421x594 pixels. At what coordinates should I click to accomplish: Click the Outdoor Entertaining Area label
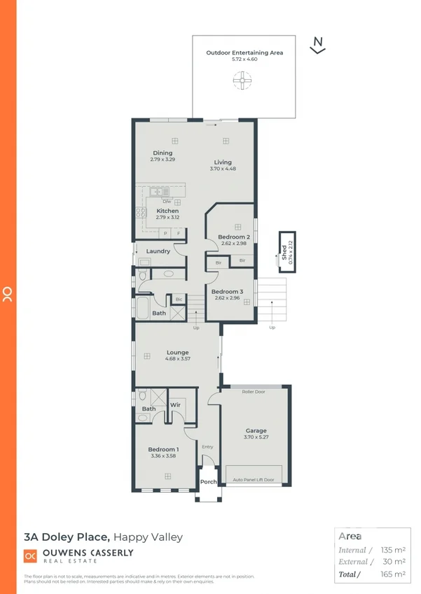(x=244, y=52)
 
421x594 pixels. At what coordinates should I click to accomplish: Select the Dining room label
(x=163, y=153)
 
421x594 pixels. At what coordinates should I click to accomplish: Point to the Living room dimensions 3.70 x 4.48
(x=223, y=169)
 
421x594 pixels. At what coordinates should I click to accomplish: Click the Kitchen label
(x=167, y=211)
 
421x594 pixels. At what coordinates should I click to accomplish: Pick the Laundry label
(x=158, y=251)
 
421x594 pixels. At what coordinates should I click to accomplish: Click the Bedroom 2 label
(x=234, y=237)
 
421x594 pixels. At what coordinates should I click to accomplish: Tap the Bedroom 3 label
(x=227, y=291)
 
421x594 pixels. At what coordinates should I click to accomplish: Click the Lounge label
(x=178, y=352)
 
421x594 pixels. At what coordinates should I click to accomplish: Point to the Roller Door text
(x=254, y=392)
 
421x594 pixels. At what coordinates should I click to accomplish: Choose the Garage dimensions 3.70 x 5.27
(x=256, y=437)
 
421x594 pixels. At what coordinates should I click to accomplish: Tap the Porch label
(x=209, y=482)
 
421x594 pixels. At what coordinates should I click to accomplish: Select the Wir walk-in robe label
(x=176, y=404)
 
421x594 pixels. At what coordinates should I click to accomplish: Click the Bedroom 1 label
(x=163, y=449)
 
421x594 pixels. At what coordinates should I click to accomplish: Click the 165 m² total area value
(x=392, y=574)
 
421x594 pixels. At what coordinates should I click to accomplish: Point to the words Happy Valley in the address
(x=148, y=537)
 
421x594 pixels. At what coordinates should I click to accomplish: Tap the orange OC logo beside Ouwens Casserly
(x=30, y=556)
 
